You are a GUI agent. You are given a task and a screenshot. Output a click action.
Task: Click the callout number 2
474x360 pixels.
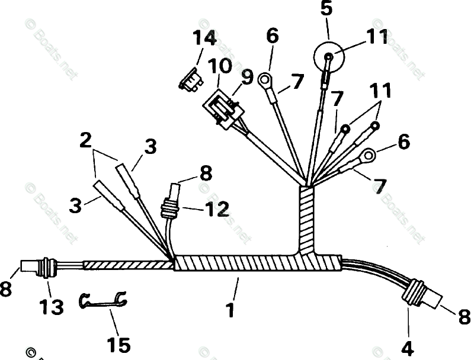(x=85, y=140)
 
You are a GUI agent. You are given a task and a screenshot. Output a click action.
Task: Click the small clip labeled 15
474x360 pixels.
(x=103, y=301)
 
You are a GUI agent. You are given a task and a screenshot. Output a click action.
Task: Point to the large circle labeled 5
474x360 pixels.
(x=330, y=57)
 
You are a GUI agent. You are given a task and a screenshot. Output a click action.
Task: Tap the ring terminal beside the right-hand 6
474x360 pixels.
(x=368, y=156)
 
